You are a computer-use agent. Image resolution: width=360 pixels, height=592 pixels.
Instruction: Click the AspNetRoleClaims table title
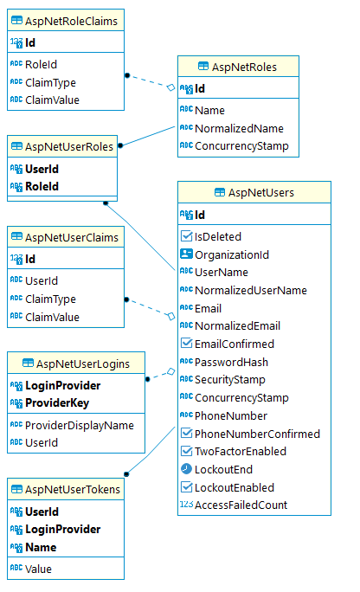coord(71,21)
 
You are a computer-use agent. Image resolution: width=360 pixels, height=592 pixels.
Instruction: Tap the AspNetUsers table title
coord(261,192)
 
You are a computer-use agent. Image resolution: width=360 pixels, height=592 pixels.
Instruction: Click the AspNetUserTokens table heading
coord(73,489)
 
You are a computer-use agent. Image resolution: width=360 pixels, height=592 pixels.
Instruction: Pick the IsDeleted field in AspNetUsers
coord(218,237)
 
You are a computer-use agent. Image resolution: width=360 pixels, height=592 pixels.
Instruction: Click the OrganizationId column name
coord(232,254)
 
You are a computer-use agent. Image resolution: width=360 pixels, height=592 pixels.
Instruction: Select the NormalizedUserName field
coord(251,290)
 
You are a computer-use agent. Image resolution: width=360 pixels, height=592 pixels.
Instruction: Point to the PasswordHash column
coord(231,362)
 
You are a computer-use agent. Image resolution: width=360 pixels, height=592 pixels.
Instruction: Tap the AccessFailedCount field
coord(241,505)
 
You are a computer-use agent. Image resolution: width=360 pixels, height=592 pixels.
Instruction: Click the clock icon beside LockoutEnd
coord(186,469)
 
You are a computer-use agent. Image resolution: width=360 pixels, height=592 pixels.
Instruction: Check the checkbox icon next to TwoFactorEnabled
coord(186,451)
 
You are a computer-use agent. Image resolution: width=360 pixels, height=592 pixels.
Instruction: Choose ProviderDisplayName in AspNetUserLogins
coord(80,426)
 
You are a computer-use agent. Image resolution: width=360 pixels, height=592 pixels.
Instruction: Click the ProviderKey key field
coord(57,402)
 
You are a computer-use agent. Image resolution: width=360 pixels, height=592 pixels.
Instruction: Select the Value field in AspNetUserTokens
coord(38,569)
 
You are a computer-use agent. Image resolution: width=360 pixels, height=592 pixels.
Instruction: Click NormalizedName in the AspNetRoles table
coord(239,128)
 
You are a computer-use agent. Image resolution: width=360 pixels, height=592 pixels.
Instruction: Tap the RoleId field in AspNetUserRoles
coord(42,186)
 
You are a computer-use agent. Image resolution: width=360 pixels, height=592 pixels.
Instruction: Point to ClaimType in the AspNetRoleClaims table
coord(50,83)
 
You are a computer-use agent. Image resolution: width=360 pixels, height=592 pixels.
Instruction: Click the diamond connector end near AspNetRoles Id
coord(171,87)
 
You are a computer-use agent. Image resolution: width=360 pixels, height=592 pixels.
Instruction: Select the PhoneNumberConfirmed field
coord(257,434)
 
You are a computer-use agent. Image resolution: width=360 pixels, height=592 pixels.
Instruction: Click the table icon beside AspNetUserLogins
coord(28,364)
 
